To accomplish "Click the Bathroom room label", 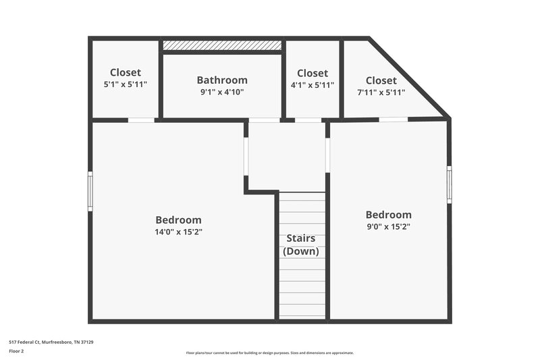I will click(x=221, y=80).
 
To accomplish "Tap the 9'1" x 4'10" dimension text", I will click(x=221, y=93).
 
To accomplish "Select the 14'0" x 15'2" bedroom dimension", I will click(x=178, y=232).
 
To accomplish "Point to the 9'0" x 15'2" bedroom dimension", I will click(x=387, y=226).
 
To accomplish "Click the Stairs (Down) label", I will click(x=300, y=245).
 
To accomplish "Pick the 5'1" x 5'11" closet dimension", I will click(x=125, y=84).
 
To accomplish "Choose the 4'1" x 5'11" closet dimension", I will click(x=312, y=85).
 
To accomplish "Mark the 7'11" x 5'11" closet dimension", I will click(x=381, y=93).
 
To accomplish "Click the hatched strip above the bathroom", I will click(x=221, y=45).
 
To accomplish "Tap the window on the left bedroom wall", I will click(x=90, y=191).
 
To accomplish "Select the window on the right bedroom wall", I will click(x=449, y=184).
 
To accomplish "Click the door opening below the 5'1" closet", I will click(x=141, y=120).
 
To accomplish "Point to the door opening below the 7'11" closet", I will click(x=393, y=120).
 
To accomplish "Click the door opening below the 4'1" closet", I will click(x=308, y=120).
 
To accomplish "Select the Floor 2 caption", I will click(x=17, y=351).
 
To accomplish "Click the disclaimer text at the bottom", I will click(x=269, y=353).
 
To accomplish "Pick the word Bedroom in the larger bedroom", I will click(x=178, y=220).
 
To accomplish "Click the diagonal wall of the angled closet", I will click(x=409, y=77).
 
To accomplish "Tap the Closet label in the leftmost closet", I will click(x=125, y=72).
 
